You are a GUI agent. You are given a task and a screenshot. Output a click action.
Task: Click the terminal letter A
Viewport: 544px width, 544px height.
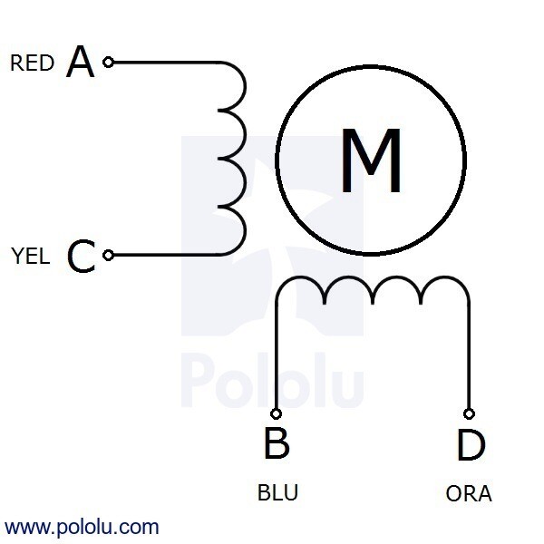pos(80,62)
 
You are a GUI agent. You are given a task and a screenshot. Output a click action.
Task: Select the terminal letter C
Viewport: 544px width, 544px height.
pos(82,256)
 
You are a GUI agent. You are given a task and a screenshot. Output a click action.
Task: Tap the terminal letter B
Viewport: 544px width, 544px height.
pos(277,443)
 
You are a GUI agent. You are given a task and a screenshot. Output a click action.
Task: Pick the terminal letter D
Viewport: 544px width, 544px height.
pos(471,444)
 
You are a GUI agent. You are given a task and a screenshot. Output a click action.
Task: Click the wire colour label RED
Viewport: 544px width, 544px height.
pos(33,63)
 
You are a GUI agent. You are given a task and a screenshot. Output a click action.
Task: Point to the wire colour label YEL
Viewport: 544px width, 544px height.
pos(30,256)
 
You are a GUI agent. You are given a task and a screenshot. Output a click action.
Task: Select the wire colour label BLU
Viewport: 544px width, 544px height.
pos(277,492)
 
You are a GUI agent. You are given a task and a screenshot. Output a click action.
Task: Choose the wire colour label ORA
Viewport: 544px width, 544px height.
pos(469,493)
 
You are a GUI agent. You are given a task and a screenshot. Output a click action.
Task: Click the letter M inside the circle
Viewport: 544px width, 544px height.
pos(371,160)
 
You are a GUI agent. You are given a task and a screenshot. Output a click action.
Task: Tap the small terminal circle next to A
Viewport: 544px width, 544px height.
pos(108,63)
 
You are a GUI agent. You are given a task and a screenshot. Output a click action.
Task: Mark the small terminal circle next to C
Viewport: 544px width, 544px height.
pos(108,256)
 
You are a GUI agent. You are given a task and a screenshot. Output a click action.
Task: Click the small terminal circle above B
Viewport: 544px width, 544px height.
pos(276,413)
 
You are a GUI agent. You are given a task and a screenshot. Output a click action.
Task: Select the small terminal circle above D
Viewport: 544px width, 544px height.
pos(469,413)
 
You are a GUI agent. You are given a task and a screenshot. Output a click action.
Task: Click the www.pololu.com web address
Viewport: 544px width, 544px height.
pos(82,527)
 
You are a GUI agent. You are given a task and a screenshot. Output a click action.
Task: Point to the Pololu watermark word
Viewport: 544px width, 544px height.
pos(272,380)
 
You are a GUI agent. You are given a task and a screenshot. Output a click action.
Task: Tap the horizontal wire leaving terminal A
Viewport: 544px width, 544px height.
pos(166,63)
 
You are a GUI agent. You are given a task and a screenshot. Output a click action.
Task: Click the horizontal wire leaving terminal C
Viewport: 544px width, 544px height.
pos(166,256)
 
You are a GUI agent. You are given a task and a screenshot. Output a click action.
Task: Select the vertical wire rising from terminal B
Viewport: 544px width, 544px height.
pos(277,354)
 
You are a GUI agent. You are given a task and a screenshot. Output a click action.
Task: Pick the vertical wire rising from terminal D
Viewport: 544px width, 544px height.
pos(469,354)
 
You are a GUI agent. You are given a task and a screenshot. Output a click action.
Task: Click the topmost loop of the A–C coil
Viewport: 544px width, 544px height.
pos(245,86)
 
